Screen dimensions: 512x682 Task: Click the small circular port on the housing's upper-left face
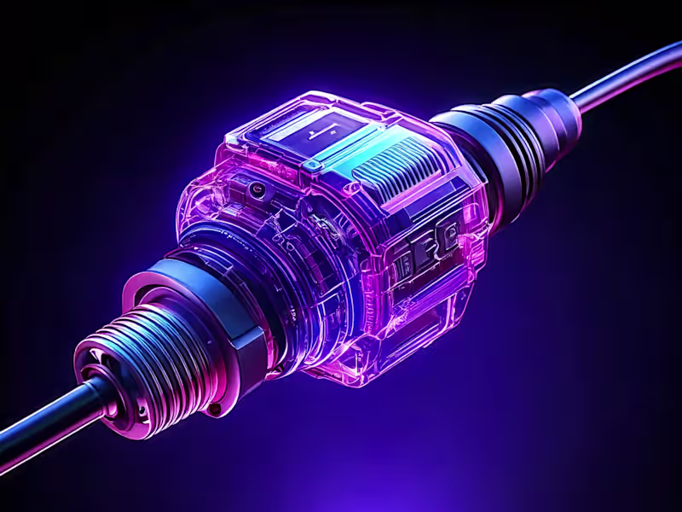(x=255, y=186)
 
